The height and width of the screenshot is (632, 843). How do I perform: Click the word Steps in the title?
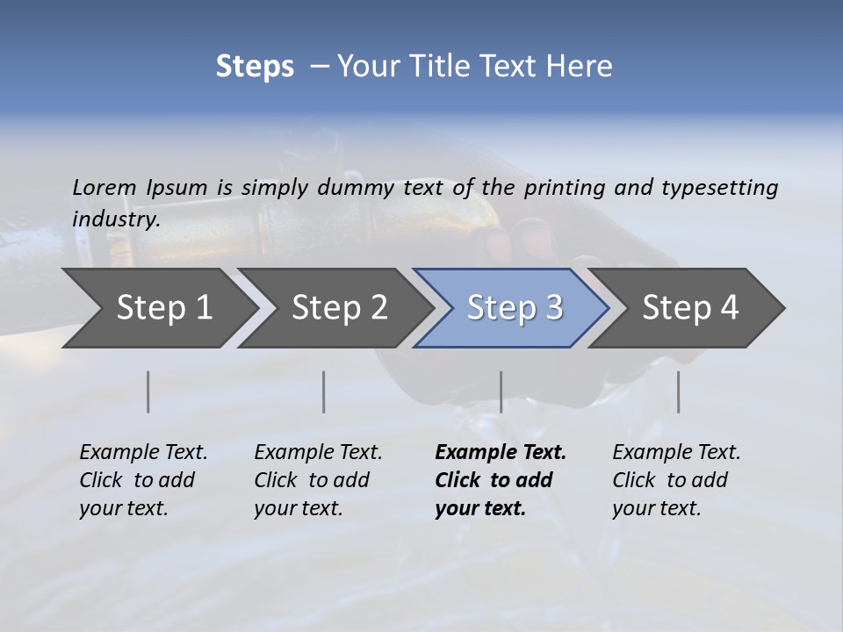(x=255, y=67)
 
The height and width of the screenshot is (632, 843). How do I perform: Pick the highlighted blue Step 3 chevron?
(x=515, y=308)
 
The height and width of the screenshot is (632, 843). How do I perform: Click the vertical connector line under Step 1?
(x=148, y=391)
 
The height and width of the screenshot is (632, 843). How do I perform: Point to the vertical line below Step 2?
(x=324, y=391)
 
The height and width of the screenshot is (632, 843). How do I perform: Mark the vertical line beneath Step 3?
(x=501, y=391)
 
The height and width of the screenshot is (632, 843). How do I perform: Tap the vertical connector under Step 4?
(x=678, y=391)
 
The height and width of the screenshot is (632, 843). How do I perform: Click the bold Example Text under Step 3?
(x=501, y=480)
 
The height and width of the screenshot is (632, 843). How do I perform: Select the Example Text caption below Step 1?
(x=143, y=480)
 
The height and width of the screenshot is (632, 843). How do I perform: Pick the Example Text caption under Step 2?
(x=318, y=480)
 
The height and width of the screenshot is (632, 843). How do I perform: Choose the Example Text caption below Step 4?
(x=676, y=480)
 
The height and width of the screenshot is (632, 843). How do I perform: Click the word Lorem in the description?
(x=104, y=187)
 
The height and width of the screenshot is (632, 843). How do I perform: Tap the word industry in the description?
(x=115, y=219)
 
